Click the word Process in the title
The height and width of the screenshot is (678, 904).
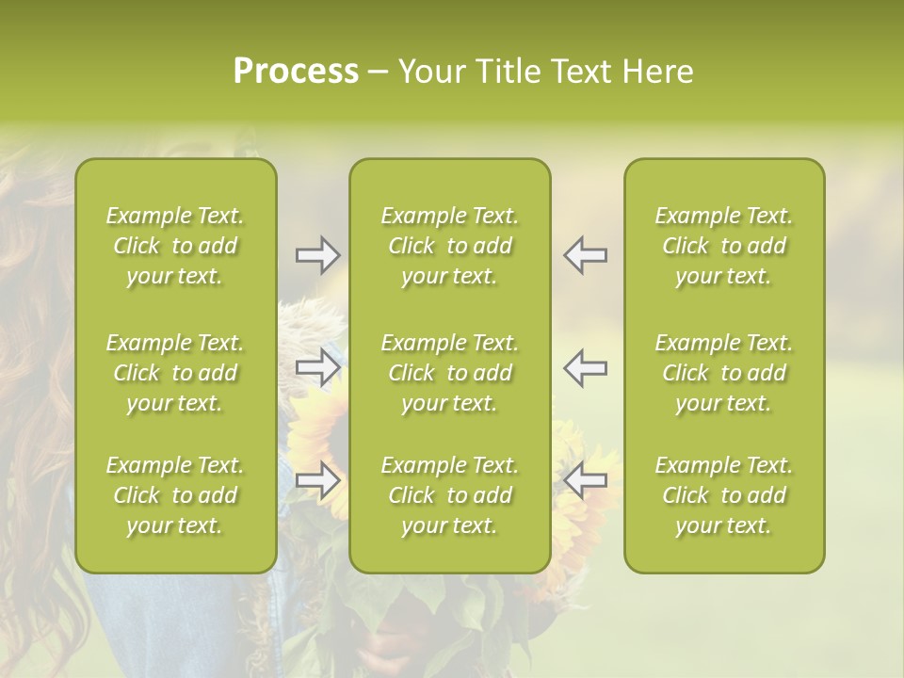296,72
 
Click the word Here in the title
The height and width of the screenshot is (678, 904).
657,72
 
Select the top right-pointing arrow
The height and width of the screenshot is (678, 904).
317,255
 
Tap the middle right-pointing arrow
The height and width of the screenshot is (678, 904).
317,367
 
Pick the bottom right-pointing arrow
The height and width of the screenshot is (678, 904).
317,480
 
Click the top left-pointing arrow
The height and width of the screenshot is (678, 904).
585,255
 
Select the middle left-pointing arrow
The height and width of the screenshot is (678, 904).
585,367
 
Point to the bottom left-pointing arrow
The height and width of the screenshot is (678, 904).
585,480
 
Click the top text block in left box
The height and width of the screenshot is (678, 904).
175,246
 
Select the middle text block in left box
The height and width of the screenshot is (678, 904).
175,373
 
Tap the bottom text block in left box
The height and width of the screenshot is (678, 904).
175,495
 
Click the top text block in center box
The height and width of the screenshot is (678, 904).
449,246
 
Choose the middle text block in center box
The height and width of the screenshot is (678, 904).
449,373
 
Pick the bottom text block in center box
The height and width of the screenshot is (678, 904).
449,495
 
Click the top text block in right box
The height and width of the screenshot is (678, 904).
723,246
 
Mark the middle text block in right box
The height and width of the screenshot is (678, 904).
723,373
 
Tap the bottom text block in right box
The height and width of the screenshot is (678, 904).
723,495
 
